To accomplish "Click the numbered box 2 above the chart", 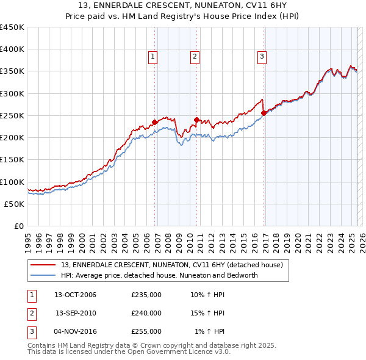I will coord(195,57).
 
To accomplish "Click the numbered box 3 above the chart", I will coord(262,57).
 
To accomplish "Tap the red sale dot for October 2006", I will coord(155,122).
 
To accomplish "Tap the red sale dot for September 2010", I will coord(196,120).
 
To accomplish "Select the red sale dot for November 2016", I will coord(264,113).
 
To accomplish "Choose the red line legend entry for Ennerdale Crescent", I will coord(172,265).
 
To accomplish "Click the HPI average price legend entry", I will coord(159,275).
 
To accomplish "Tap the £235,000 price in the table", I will coord(146,295).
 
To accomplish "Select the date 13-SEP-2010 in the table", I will coord(76,313).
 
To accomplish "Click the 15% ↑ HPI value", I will coord(207,313).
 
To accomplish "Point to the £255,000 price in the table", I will coord(146,331).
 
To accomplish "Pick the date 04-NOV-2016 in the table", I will coord(76,331).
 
